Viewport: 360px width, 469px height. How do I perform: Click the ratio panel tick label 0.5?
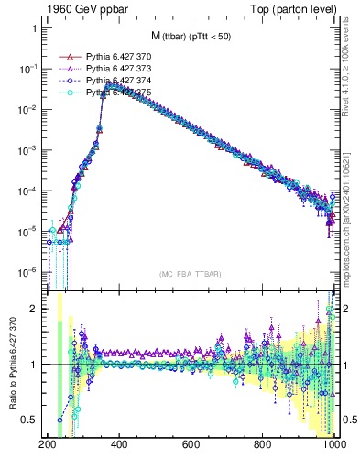point(30,420)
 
